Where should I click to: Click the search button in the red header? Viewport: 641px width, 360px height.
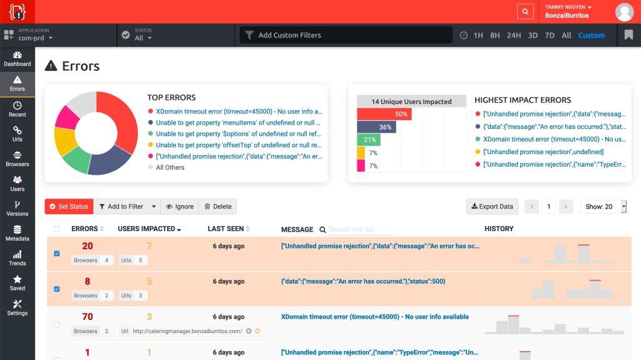525,11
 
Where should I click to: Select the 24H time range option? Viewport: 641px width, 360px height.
514,36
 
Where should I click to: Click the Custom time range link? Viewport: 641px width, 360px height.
592,36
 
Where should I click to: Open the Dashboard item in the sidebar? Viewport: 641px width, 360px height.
18,59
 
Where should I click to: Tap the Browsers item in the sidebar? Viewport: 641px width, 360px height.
18,159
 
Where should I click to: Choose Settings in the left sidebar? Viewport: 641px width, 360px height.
18,307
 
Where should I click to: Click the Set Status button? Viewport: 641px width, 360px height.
69,207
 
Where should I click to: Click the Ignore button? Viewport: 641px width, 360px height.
180,207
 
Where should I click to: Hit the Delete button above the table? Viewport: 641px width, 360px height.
218,207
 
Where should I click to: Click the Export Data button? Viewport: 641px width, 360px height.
492,207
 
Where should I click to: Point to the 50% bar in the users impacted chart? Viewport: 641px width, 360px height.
384,114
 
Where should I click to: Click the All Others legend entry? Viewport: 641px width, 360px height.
170,168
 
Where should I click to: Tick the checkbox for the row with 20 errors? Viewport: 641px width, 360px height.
57,254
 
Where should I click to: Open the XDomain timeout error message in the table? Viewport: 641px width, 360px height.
375,317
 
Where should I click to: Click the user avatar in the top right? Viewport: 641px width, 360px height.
624,11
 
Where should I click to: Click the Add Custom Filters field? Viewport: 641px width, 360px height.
346,35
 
